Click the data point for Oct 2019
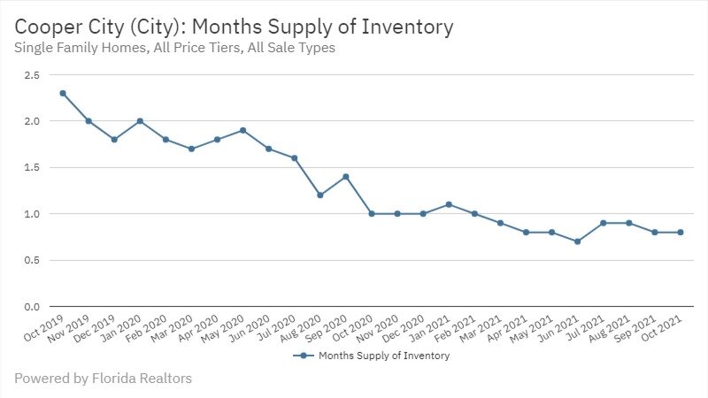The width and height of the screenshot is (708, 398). (63, 93)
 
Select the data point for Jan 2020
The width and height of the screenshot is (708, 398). (140, 121)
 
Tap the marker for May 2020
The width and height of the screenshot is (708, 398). (242, 130)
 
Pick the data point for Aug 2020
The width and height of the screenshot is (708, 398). (320, 195)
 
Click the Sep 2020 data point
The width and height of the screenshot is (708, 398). (346, 177)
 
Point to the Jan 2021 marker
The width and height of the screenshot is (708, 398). (449, 204)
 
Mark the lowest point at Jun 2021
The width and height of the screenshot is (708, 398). (577, 241)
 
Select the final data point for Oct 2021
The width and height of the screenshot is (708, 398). (681, 233)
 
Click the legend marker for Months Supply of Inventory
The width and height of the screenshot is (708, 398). (303, 356)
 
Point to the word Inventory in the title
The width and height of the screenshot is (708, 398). (404, 27)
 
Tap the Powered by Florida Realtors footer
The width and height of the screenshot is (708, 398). (103, 379)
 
